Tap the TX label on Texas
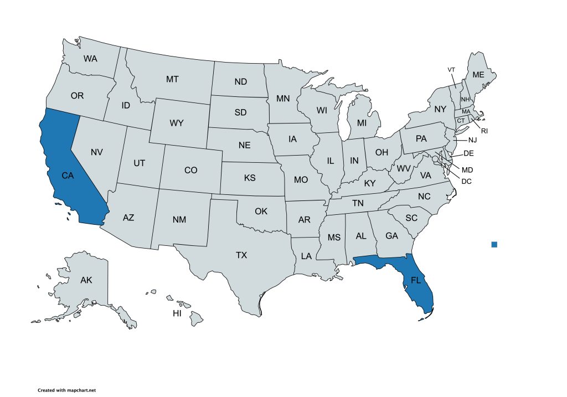pyautogui.click(x=241, y=255)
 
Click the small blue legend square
pyautogui.click(x=494, y=245)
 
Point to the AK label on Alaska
pyautogui.click(x=86, y=280)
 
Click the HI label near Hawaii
pyautogui.click(x=177, y=313)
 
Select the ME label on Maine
pyautogui.click(x=477, y=75)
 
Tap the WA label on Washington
pyautogui.click(x=91, y=58)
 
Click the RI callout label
pyautogui.click(x=484, y=131)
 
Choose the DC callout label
pyautogui.click(x=466, y=181)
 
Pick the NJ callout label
pyautogui.click(x=472, y=140)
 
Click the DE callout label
pyautogui.click(x=468, y=153)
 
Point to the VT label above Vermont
pyautogui.click(x=451, y=69)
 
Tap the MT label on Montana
pyautogui.click(x=172, y=80)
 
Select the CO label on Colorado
pyautogui.click(x=190, y=171)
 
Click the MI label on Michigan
pyautogui.click(x=362, y=122)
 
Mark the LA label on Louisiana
pyautogui.click(x=306, y=256)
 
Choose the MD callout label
pyautogui.click(x=467, y=169)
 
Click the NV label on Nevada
pyautogui.click(x=97, y=152)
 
